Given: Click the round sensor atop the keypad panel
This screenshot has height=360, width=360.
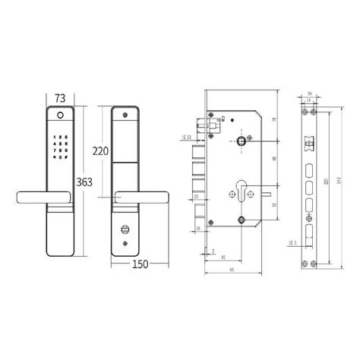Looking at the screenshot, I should [58, 116].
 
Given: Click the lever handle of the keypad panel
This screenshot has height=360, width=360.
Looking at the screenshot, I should [38, 199].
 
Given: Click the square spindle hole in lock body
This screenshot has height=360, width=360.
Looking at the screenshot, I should [240, 141].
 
